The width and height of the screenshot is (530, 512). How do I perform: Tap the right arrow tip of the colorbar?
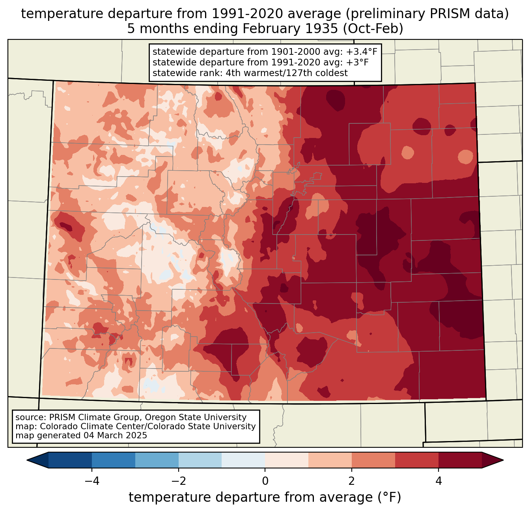(x=502, y=460)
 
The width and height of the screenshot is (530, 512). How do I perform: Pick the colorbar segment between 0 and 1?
(x=287, y=460)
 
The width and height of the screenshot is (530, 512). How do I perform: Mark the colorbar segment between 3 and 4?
(x=417, y=460)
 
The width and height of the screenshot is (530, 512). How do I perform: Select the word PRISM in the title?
(x=428, y=14)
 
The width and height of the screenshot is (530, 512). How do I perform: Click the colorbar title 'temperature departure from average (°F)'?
(x=265, y=497)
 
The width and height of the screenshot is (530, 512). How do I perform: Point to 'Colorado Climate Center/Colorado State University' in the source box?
(x=148, y=426)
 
